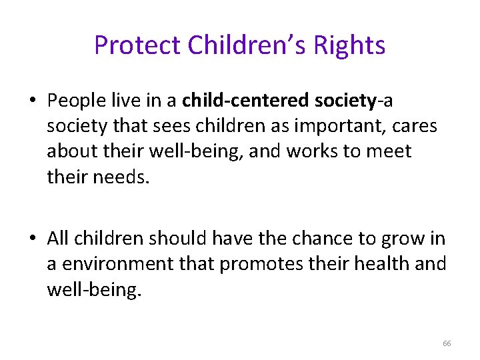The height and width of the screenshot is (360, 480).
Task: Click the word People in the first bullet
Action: (75, 101)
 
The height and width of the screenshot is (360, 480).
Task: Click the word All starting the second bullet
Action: (59, 239)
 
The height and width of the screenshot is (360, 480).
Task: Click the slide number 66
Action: (447, 343)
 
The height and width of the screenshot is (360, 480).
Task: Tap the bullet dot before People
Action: (33, 101)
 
